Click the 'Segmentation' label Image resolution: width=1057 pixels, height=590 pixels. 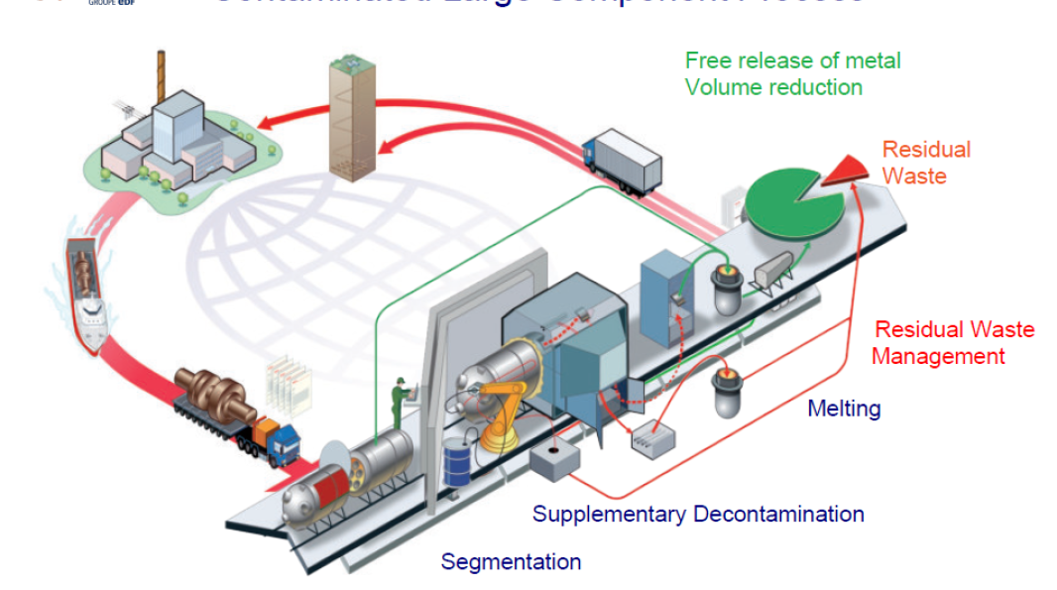tap(511, 562)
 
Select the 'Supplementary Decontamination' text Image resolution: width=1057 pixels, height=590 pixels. tap(698, 515)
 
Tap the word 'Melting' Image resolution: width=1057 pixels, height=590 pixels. tap(844, 408)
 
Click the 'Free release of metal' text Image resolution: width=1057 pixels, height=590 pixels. tap(792, 60)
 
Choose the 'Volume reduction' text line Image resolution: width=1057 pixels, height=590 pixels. tap(773, 87)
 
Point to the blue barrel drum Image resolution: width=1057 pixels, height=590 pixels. tap(457, 464)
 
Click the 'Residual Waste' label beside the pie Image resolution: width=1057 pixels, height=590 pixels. tap(926, 163)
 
